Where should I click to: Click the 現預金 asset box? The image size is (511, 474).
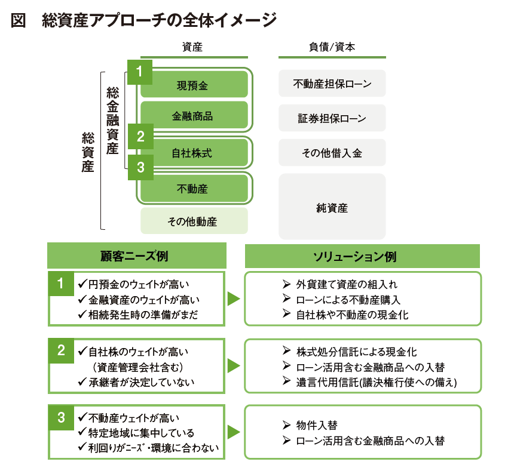(194, 84)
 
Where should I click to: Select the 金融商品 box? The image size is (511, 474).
(194, 115)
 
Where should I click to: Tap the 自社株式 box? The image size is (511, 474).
(194, 152)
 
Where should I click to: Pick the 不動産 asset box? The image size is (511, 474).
(194, 188)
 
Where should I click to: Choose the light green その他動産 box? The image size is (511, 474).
(194, 221)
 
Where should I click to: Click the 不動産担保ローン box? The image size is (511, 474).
(332, 84)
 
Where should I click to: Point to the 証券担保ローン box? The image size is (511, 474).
(332, 118)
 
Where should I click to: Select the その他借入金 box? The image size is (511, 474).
(332, 153)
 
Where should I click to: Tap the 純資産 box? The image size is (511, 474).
(332, 207)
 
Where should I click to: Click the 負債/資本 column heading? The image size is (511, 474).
(332, 47)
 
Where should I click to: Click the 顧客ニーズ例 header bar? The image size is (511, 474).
(137, 256)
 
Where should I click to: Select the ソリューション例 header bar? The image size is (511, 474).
(362, 256)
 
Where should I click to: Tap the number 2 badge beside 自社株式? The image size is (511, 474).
(140, 136)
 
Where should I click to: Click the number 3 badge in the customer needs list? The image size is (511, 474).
(62, 418)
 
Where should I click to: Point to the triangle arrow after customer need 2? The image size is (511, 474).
(234, 365)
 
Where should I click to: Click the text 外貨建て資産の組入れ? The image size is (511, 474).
(347, 284)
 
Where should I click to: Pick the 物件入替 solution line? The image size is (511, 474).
(317, 425)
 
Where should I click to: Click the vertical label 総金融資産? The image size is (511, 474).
(113, 121)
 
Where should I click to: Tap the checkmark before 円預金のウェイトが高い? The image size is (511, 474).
(82, 284)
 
